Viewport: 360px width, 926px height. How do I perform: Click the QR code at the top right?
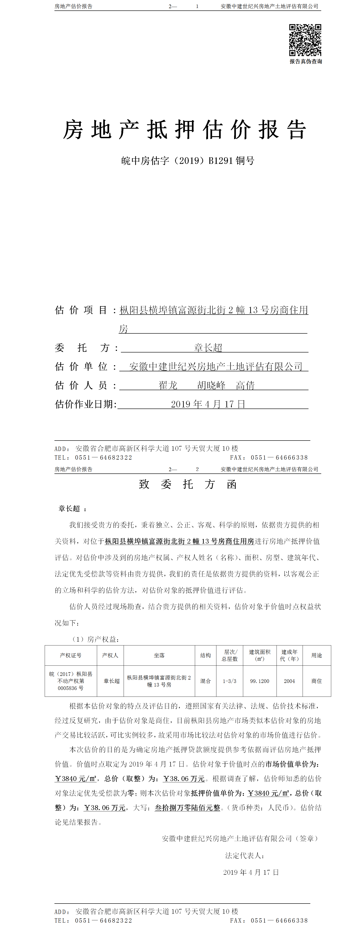pos(305,40)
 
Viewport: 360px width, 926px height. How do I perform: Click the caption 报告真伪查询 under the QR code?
pos(306,62)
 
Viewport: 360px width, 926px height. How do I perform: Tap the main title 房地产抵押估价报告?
pos(184,130)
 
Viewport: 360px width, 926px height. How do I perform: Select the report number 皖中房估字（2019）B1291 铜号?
pos(188,161)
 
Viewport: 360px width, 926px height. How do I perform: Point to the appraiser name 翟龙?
pos(168,385)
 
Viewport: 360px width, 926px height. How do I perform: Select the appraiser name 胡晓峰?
pos(211,385)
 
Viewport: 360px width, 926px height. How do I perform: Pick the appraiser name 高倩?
pos(245,385)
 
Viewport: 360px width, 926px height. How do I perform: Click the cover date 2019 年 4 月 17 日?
pos(208,404)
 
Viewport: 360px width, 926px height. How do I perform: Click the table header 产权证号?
pos(71,655)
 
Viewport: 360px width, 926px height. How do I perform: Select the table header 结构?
pos(206,655)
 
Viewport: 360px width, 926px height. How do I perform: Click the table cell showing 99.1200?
pos(260,681)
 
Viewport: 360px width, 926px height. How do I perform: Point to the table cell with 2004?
pos(289,681)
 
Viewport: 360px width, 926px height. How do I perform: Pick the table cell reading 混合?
pos(206,681)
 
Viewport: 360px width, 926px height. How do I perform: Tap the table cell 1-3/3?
pos(230,681)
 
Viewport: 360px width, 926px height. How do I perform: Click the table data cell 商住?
pos(316,681)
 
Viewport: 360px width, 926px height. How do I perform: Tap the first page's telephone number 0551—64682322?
pos(103,458)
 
